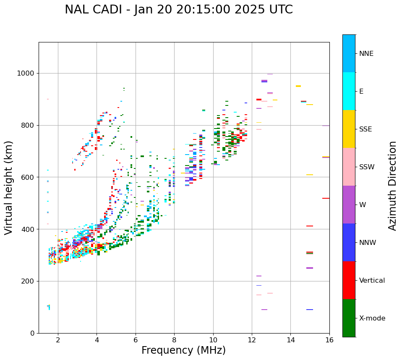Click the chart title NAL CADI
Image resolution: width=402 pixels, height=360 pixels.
(179, 10)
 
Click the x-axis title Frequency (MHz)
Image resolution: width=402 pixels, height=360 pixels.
(183, 350)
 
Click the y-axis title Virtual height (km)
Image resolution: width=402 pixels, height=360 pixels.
(9, 188)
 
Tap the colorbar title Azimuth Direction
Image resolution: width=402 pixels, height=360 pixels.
(392, 186)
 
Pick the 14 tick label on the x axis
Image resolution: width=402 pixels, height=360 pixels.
(290, 340)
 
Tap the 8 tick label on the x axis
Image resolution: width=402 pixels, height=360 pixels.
(174, 340)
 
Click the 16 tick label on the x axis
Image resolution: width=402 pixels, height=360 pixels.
(329, 340)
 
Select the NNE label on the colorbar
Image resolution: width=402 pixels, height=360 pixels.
(366, 54)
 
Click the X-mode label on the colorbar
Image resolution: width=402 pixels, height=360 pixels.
(372, 318)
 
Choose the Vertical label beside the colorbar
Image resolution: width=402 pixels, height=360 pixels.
(372, 281)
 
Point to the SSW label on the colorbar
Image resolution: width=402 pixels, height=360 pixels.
(367, 167)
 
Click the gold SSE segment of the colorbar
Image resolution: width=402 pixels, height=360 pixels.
(349, 129)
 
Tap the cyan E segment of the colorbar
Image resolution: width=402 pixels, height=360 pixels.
(349, 91)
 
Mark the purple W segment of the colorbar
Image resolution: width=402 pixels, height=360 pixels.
(349, 205)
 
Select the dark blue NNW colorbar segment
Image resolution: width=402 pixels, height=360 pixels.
(349, 242)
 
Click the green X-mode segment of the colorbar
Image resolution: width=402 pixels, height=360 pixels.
(349, 318)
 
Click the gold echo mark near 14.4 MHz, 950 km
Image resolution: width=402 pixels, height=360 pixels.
(298, 86)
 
